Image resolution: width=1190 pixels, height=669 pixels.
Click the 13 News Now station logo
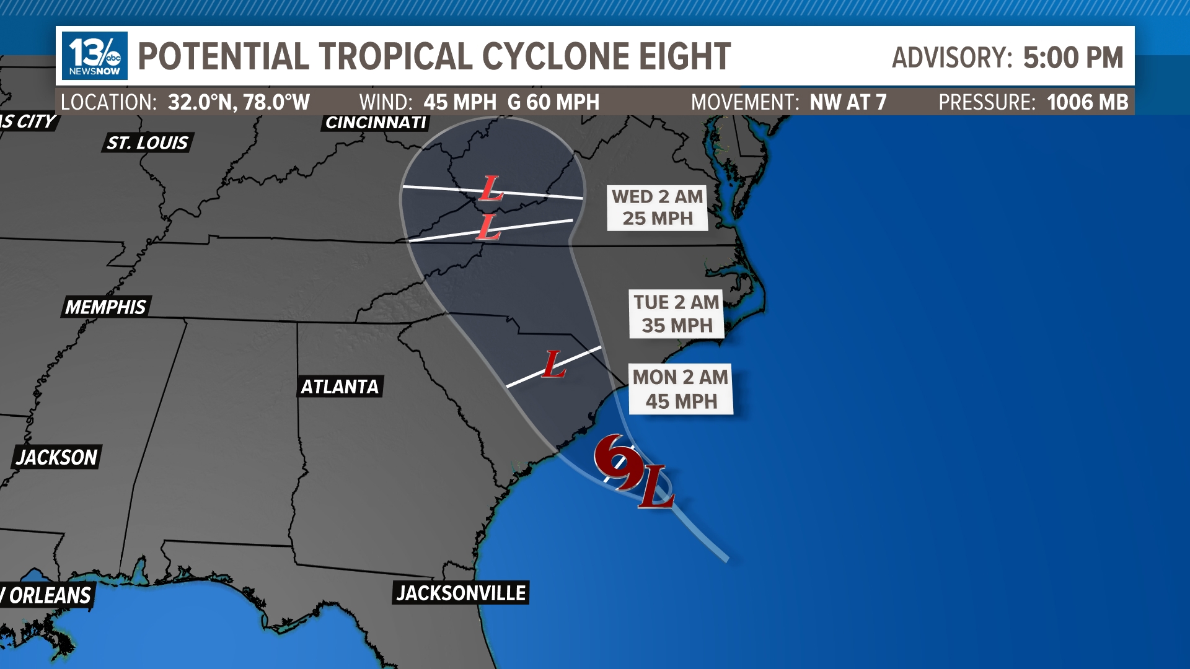tap(94, 56)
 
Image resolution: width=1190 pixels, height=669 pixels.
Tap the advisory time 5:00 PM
tap(1072, 58)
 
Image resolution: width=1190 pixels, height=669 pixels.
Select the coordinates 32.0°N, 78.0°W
tap(239, 102)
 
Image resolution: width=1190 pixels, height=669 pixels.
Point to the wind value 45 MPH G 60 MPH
tap(511, 102)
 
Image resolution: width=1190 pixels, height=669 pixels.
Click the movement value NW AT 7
tap(848, 102)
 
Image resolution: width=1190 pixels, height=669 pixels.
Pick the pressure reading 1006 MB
tap(1087, 102)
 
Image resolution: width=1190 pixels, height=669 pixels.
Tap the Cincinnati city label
tap(376, 123)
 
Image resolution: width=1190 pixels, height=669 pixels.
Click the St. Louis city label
tap(148, 143)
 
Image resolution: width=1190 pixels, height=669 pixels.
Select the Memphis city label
tap(105, 307)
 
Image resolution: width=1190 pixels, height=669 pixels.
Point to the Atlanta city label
tap(340, 387)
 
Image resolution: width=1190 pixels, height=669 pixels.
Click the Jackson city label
tap(56, 457)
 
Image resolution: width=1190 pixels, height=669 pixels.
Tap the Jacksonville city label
tap(461, 593)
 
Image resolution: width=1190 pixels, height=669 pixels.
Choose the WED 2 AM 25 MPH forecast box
tap(657, 208)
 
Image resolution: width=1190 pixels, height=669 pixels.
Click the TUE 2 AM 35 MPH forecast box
tap(676, 313)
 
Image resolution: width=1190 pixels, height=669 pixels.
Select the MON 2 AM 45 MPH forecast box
tap(681, 389)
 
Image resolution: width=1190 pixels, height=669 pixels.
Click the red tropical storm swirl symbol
tap(617, 461)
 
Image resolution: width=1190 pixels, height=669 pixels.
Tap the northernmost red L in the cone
tap(491, 188)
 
